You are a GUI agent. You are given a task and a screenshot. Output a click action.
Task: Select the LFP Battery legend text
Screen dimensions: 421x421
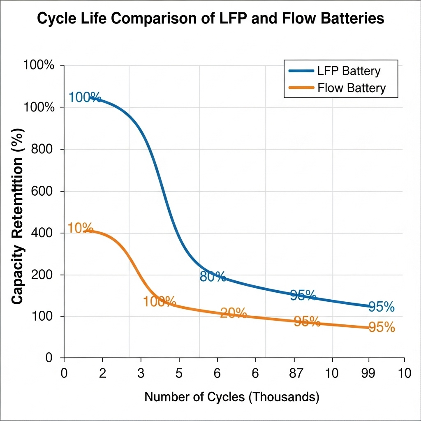[349, 71]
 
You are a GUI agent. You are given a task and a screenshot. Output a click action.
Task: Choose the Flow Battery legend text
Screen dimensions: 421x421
[352, 88]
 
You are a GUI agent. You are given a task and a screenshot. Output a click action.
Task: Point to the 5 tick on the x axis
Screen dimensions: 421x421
[179, 374]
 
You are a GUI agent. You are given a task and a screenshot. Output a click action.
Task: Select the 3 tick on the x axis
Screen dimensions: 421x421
[141, 374]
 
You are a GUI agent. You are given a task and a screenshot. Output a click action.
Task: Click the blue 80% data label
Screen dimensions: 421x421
[213, 277]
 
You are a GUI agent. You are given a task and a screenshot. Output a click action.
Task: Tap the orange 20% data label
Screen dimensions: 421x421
[233, 313]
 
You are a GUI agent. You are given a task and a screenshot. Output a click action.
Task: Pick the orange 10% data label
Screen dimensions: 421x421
[80, 228]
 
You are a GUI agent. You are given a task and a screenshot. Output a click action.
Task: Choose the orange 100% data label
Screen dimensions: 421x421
[160, 302]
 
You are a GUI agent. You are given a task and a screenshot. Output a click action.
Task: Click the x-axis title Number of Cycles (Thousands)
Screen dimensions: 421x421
[232, 397]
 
